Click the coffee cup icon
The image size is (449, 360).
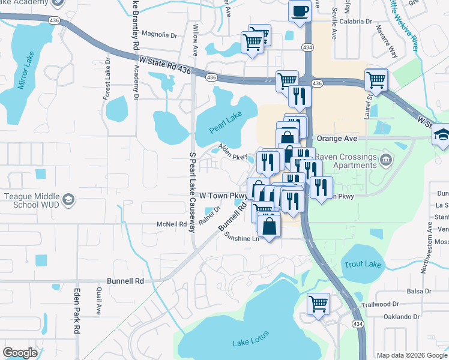[300, 10]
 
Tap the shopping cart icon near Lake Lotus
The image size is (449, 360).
[318, 303]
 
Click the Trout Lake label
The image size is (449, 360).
[360, 265]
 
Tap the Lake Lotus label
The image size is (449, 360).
[251, 343]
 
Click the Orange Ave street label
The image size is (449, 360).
[338, 138]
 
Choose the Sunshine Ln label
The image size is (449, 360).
[241, 238]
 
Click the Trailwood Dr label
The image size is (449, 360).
[380, 305]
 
